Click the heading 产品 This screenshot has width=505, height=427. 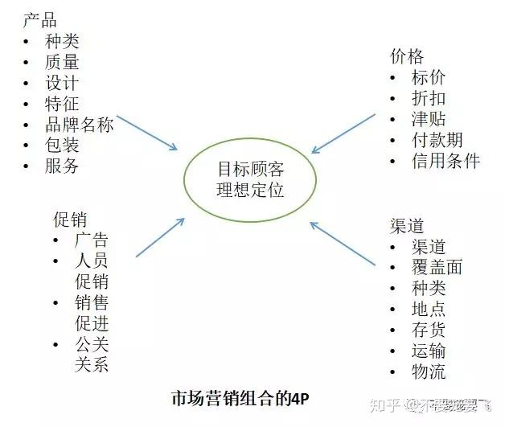(39, 19)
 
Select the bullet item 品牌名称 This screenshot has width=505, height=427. (79, 125)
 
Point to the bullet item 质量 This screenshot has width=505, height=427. (62, 62)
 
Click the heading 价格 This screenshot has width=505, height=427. (406, 56)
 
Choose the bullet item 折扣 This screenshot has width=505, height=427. (428, 98)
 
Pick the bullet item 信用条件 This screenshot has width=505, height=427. (445, 161)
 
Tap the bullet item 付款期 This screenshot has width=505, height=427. (437, 140)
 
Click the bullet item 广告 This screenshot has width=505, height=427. (91, 240)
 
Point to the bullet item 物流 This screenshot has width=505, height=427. (428, 372)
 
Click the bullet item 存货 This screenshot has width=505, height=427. (428, 330)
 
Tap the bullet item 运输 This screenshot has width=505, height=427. (428, 351)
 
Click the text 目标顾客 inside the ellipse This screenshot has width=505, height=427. (250, 170)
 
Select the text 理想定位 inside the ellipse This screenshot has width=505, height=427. (250, 191)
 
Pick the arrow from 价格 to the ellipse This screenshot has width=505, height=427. (344, 133)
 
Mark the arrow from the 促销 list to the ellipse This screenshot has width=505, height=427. (160, 237)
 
